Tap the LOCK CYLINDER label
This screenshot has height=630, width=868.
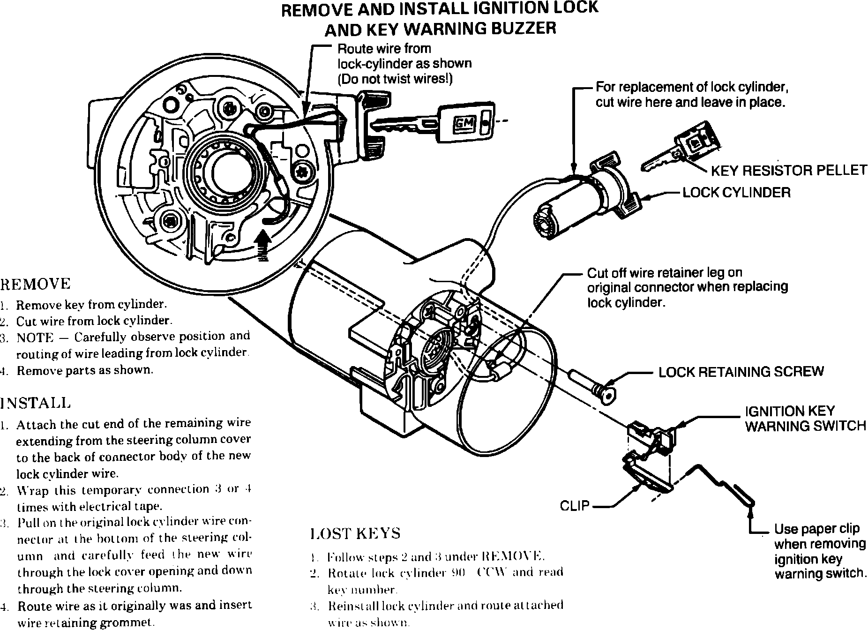[736, 193]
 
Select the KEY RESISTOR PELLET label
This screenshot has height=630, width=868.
[789, 170]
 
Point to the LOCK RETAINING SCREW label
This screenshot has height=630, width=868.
[741, 372]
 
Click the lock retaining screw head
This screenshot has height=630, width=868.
[607, 395]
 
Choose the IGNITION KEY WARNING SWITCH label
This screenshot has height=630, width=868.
[805, 419]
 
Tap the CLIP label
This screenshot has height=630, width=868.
[575, 506]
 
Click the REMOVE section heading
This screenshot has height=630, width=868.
[36, 284]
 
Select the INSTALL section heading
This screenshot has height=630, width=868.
[36, 403]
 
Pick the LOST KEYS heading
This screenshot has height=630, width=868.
[356, 533]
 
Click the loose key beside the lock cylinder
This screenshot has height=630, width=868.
[680, 148]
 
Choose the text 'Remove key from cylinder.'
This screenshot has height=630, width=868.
[91, 305]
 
